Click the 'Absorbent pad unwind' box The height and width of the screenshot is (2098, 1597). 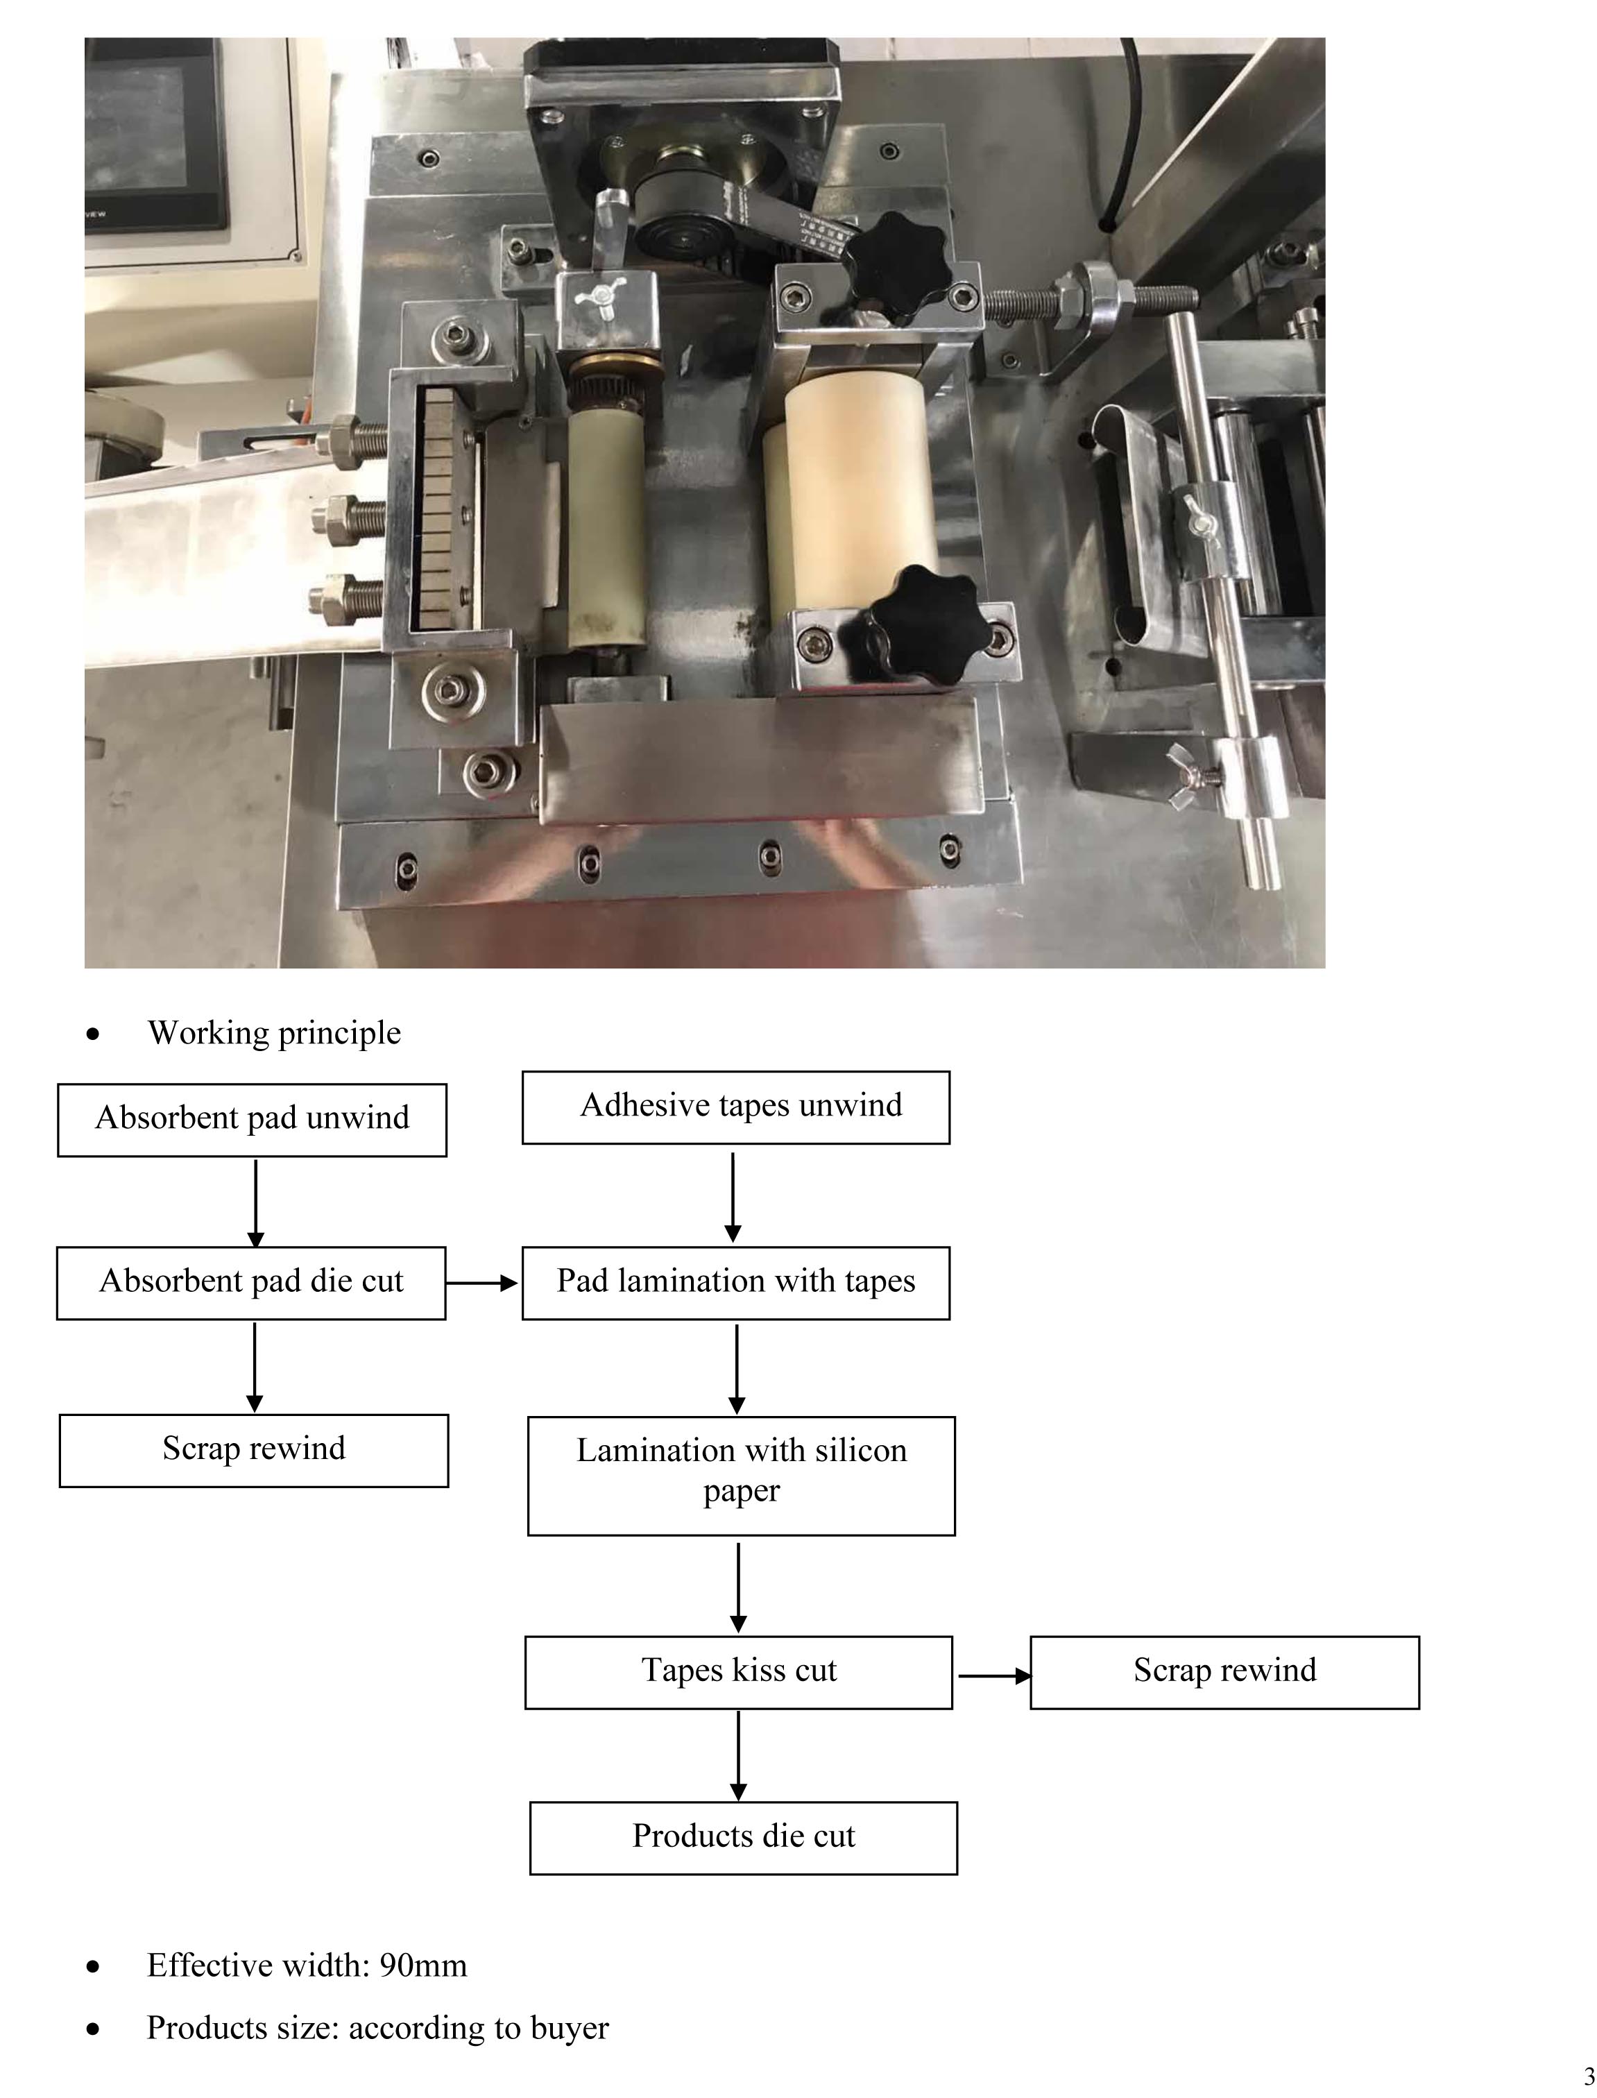coord(252,1119)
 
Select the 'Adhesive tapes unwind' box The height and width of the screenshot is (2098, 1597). coord(736,1107)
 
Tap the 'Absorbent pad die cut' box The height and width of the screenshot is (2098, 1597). coord(251,1282)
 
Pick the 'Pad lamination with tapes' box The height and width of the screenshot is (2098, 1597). coord(736,1282)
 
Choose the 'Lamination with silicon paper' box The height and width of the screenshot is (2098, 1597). coord(742,1476)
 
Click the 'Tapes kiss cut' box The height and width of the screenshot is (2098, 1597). coord(739,1672)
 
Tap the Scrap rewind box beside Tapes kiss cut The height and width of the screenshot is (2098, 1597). coord(1224,1672)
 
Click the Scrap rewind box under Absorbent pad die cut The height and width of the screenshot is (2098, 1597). coord(254,1450)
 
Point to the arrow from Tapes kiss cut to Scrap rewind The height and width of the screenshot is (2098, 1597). coord(993,1675)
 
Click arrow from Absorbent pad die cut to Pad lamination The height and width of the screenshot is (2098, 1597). coord(483,1283)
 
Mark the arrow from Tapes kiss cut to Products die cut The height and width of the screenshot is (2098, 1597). coord(739,1755)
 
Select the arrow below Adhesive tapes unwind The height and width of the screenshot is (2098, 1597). coord(733,1196)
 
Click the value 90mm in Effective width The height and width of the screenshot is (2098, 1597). coord(423,1965)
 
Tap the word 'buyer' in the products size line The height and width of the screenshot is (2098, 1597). coord(570,2028)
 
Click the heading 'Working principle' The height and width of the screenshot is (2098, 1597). coord(274,1032)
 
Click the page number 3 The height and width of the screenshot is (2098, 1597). coord(1589,2076)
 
